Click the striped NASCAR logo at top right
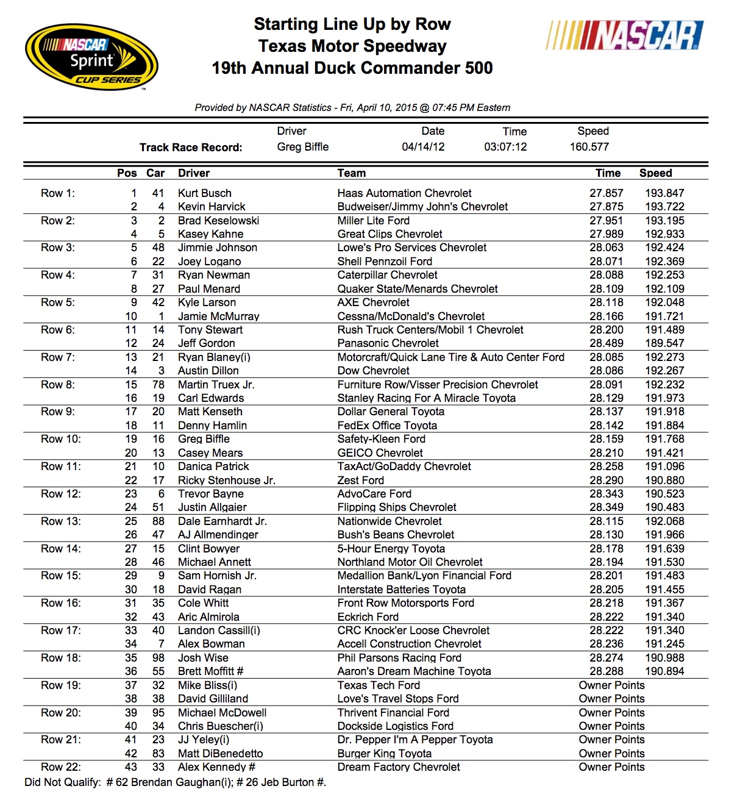[625, 35]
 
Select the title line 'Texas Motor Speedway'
[352, 46]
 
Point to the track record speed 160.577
[589, 147]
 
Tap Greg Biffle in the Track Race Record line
[302, 147]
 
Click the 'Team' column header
[352, 173]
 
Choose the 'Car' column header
[155, 173]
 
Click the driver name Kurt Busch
[204, 193]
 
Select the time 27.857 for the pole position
[606, 193]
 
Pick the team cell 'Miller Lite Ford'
[373, 221]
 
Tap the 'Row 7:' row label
[58, 357]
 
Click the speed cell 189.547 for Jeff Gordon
[664, 343]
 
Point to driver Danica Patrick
[213, 466]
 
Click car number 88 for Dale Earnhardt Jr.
[158, 521]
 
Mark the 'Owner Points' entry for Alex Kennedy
[611, 767]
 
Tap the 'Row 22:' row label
[61, 767]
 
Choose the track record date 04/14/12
[423, 147]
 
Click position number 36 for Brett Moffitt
[131, 671]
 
